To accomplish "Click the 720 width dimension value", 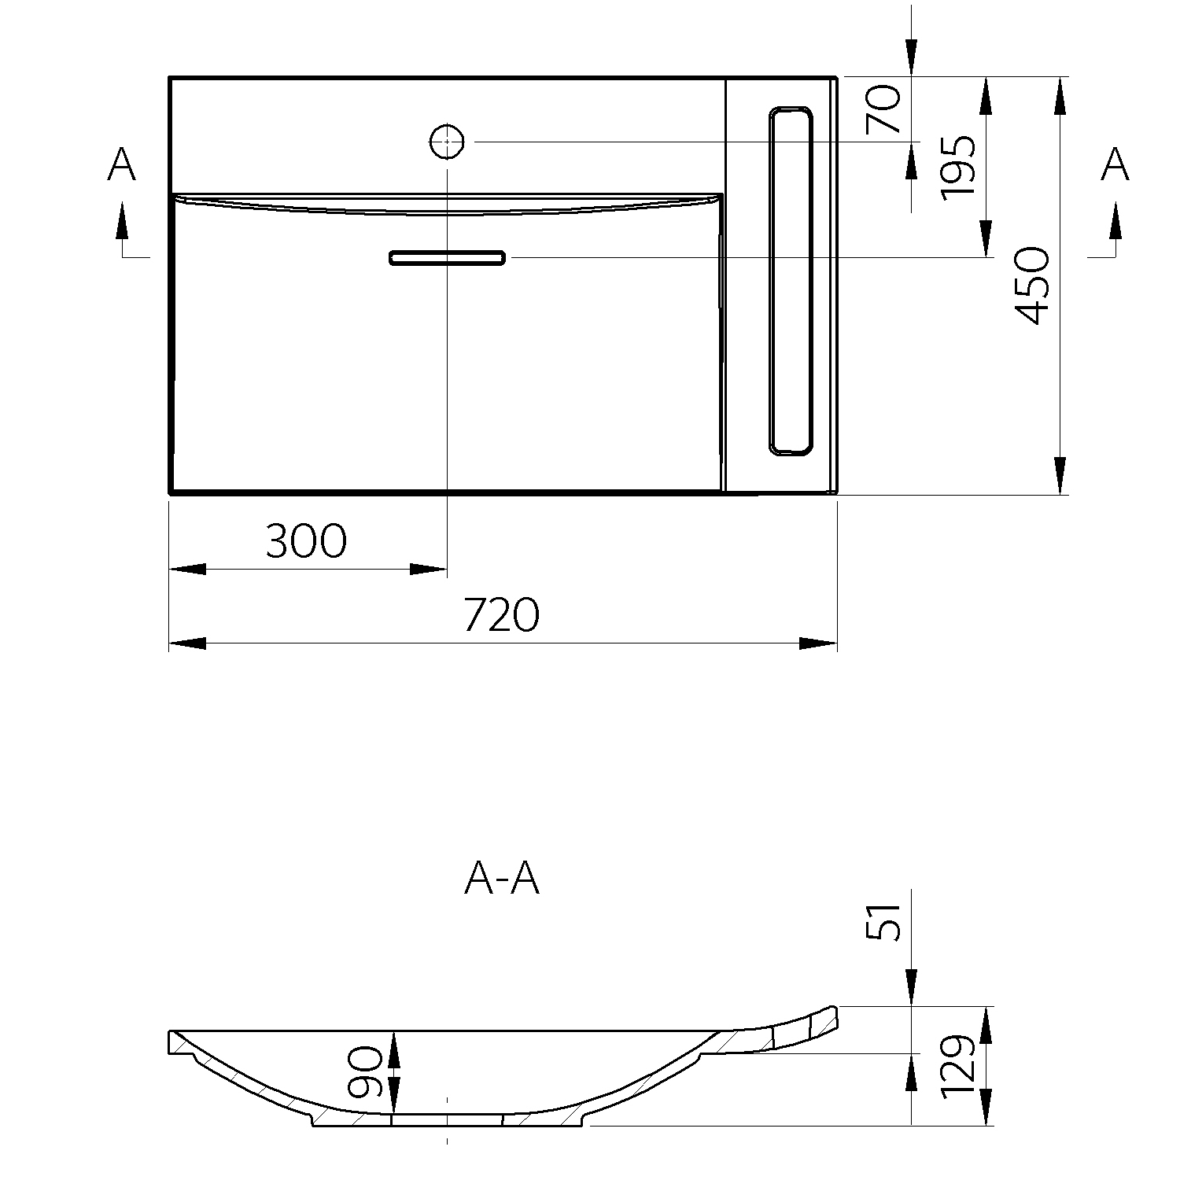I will (502, 614).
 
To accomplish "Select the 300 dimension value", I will (306, 540).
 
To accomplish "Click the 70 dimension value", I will (883, 110).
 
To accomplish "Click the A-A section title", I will (502, 879).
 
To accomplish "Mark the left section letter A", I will (122, 165).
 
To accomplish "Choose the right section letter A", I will (1115, 165).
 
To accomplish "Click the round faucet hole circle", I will (447, 142).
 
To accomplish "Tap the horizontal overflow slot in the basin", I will (447, 258).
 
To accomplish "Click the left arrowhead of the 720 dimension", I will (187, 643).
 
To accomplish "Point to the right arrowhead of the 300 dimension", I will (430, 569).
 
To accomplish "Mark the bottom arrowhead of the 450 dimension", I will (1060, 475).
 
